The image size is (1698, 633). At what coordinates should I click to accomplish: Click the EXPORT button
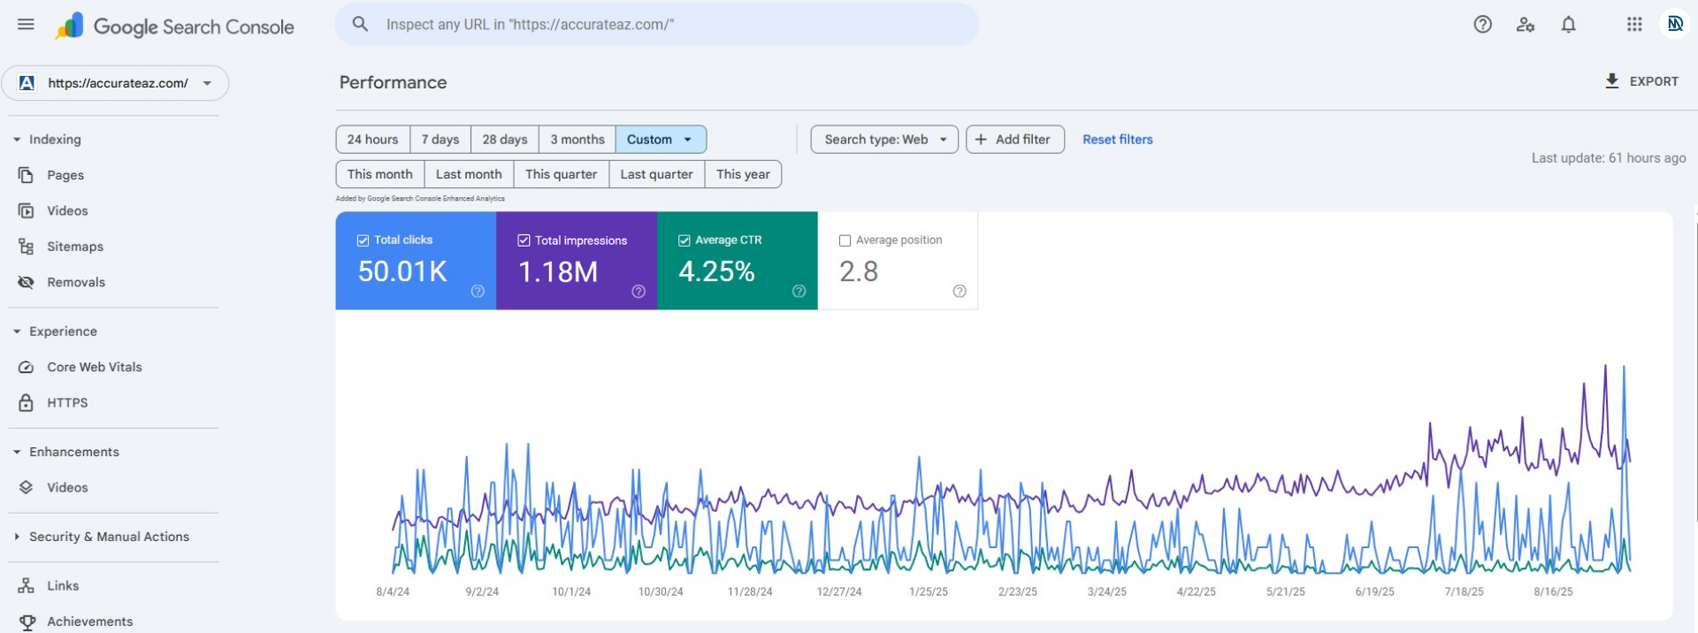click(x=1641, y=81)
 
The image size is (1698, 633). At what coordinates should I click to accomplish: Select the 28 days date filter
click(x=504, y=140)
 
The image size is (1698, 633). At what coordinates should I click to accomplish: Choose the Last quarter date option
click(x=656, y=174)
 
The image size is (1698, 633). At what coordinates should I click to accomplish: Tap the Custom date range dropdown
click(x=660, y=140)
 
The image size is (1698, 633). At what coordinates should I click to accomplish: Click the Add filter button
click(x=1014, y=140)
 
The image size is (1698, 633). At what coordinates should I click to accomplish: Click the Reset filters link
click(x=1117, y=140)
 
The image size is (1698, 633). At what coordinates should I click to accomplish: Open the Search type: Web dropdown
click(x=884, y=140)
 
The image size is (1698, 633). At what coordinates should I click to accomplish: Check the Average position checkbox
click(x=845, y=240)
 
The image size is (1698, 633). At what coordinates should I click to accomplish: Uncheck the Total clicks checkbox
click(x=363, y=240)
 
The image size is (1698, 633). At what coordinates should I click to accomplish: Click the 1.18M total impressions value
click(x=558, y=271)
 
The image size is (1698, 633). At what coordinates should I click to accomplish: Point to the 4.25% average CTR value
click(x=716, y=271)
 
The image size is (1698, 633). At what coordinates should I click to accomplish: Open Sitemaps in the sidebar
click(x=75, y=247)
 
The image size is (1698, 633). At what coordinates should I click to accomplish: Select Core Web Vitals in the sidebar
click(x=95, y=367)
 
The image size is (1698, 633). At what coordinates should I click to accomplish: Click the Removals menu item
click(x=76, y=282)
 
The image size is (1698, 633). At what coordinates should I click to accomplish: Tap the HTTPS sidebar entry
click(x=67, y=402)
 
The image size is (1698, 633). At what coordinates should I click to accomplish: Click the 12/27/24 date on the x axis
click(x=838, y=591)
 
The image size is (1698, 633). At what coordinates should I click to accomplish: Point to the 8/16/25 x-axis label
click(x=1553, y=591)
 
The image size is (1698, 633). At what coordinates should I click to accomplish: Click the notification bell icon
click(x=1568, y=25)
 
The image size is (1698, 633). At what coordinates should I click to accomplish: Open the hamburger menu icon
click(x=26, y=24)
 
